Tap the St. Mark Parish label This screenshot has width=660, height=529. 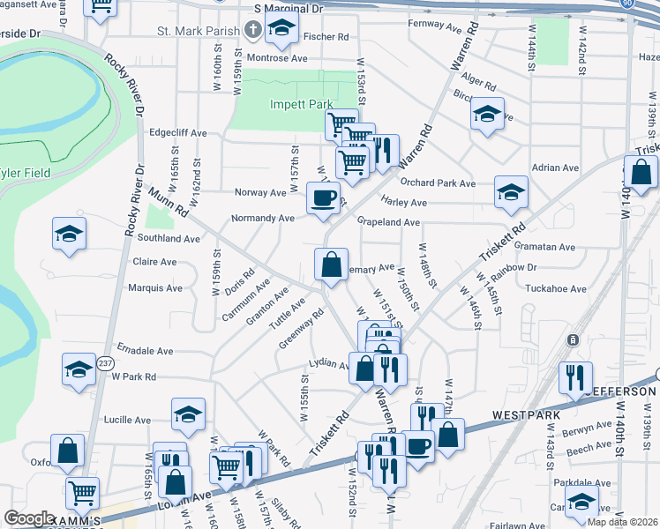[199, 31]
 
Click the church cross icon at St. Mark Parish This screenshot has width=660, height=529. [252, 31]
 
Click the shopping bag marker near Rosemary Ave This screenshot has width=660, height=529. [331, 264]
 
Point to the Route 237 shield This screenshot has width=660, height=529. [105, 362]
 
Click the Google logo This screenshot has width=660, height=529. [29, 518]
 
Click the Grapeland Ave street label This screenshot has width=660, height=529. [388, 223]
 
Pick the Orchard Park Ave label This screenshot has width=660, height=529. [438, 183]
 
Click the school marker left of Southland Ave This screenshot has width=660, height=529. [69, 233]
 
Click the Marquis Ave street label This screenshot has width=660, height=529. [155, 288]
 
